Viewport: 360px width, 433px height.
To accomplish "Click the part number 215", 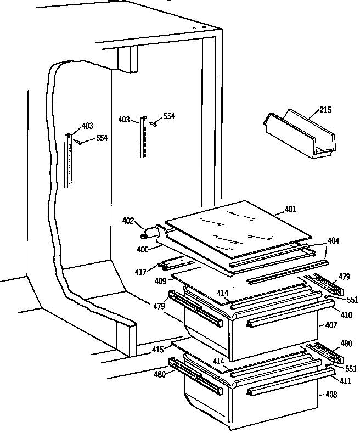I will pos(325,110).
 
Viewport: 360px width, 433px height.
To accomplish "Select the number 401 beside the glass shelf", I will pos(291,209).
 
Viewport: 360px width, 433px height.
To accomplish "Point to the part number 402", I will pos(128,221).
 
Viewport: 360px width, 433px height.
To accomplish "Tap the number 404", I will pos(333,240).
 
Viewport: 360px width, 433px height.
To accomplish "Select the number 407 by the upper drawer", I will pos(331,325).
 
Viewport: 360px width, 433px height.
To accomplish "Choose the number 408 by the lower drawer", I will pos(331,395).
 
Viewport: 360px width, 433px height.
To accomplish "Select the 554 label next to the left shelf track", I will pos(102,138).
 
